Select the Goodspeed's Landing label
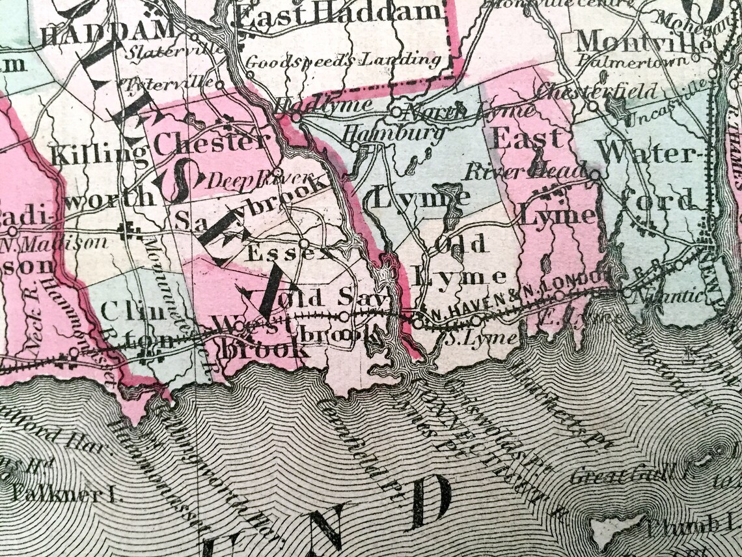tap(343, 61)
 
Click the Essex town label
tap(272, 253)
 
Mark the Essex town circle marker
tap(303, 244)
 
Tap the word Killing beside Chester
tap(99, 155)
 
